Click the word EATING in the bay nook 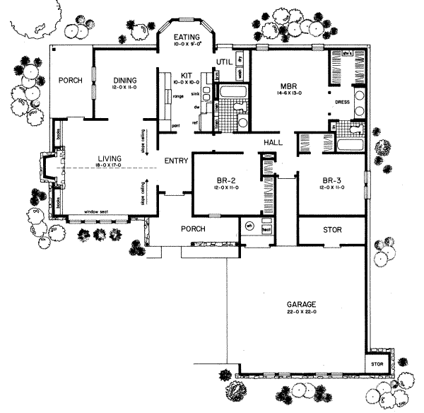(x=186, y=37)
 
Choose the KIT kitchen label (x=187, y=74)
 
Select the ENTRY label (x=175, y=161)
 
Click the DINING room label (x=124, y=80)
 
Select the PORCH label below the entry (x=192, y=229)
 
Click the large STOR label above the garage (x=331, y=230)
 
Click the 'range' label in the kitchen (x=179, y=95)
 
